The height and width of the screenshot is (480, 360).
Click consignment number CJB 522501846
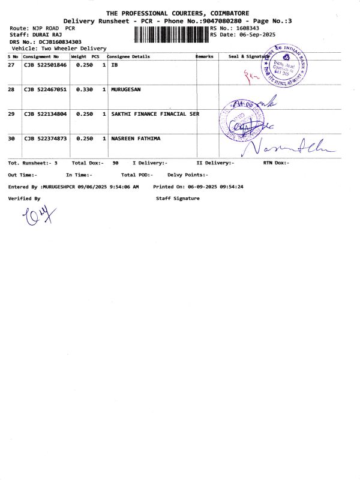click(45, 64)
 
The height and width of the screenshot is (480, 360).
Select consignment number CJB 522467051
click(45, 89)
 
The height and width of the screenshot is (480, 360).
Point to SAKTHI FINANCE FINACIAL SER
click(155, 113)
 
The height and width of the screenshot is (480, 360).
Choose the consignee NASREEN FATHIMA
click(136, 139)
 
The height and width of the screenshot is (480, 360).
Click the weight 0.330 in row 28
click(84, 89)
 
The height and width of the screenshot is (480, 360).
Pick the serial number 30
click(11, 139)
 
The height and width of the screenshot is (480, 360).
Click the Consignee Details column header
click(128, 56)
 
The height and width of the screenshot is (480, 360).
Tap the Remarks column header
click(205, 56)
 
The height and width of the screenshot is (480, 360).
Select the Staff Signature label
click(178, 198)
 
